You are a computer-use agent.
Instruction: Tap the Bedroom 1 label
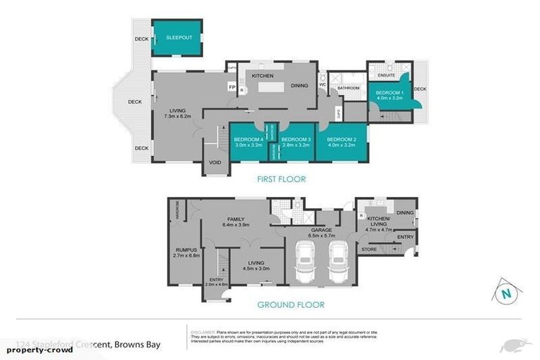pos(389,93)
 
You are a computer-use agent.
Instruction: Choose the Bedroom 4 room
pos(248,143)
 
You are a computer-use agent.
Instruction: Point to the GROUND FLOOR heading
pos(290,305)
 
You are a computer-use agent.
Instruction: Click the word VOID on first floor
pos(215,163)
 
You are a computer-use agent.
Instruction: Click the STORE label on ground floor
pos(369,249)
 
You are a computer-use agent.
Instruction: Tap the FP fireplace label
pos(231,87)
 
